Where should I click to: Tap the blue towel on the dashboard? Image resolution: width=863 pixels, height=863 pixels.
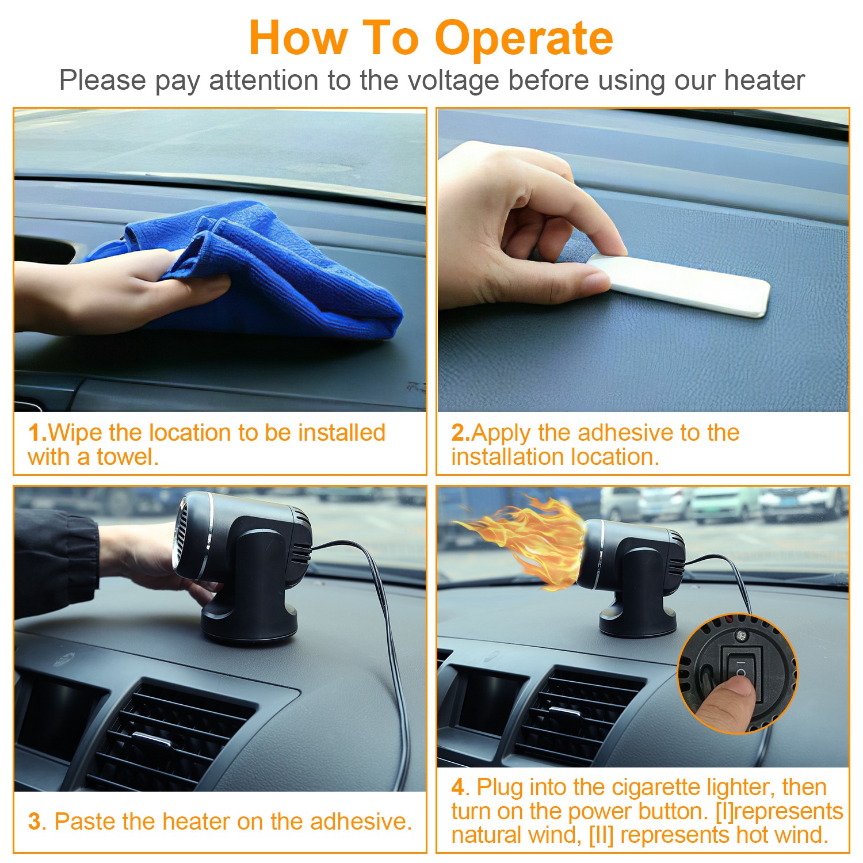point(259,270)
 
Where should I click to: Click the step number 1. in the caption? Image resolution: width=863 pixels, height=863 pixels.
point(37,433)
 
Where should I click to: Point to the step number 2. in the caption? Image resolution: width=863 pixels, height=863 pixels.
point(461,433)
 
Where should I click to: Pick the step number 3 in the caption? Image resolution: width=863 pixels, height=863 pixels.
point(34,822)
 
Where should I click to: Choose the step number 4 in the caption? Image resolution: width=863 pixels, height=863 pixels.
point(458,786)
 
